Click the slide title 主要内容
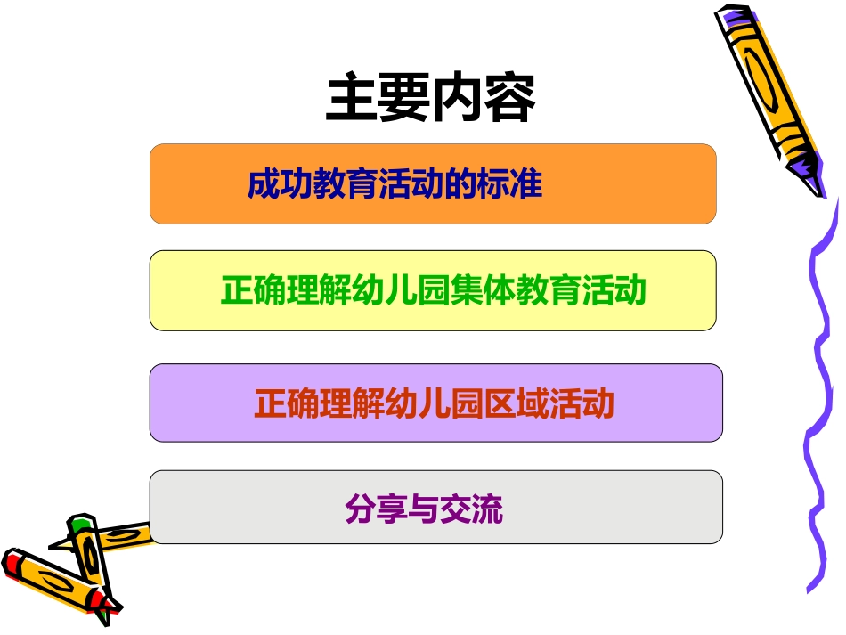coord(431,100)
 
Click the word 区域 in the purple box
coord(517,404)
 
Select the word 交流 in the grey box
coord(476,509)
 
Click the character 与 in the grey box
coord(423,509)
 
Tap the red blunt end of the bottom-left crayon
coord(12,564)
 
